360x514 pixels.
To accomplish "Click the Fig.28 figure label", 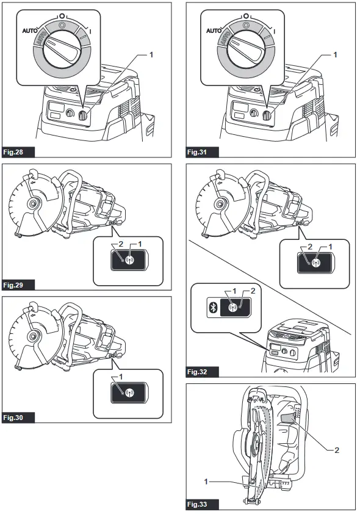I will click(17, 150).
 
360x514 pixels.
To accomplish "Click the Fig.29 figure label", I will click(17, 284).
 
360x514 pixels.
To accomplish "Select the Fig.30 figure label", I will click(17, 418).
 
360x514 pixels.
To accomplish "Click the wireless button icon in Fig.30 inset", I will click(129, 392).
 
